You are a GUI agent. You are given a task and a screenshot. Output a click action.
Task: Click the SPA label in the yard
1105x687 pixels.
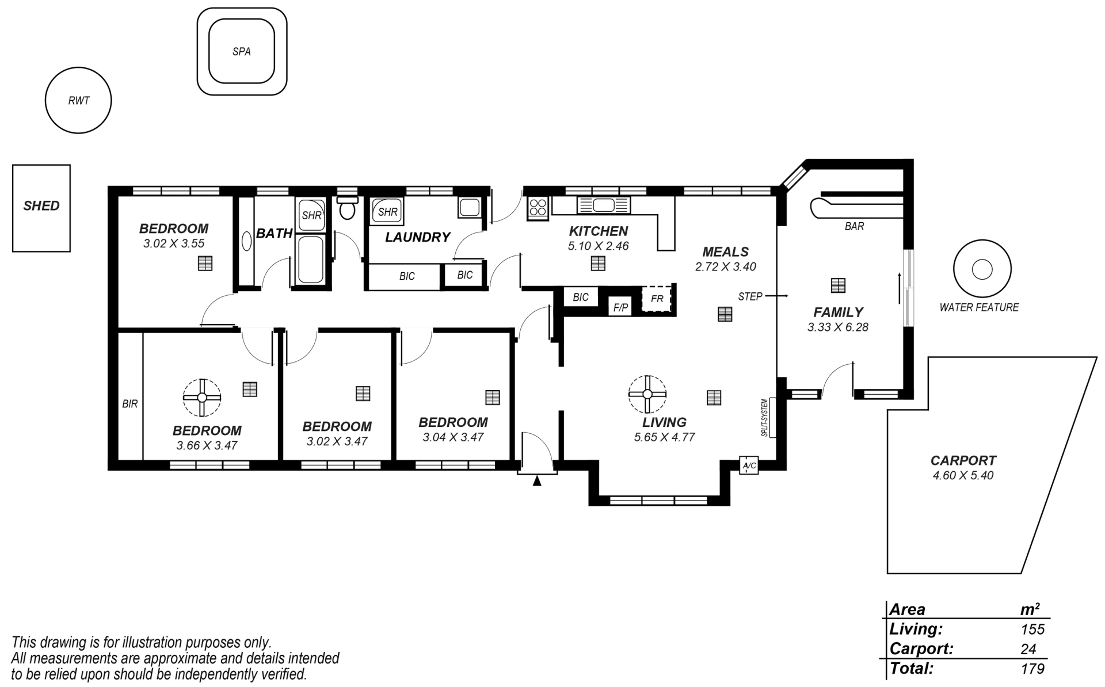(242, 52)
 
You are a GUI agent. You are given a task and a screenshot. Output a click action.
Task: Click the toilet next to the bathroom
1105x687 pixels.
(347, 208)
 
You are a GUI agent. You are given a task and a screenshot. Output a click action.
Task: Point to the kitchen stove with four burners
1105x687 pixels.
(538, 207)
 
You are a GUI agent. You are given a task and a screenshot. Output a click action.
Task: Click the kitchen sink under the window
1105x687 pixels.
(603, 205)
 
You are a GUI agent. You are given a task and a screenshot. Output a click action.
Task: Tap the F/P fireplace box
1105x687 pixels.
(620, 308)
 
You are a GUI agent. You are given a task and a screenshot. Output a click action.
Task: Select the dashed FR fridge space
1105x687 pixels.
(657, 299)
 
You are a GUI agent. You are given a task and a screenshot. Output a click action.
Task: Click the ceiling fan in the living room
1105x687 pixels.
(647, 394)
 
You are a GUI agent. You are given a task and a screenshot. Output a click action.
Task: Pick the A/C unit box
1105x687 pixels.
(749, 465)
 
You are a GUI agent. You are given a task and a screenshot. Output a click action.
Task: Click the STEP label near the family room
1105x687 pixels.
(750, 296)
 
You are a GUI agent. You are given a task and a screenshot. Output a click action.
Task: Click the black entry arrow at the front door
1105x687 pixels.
(537, 480)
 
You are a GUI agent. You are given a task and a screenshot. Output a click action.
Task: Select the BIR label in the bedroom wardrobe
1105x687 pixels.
(130, 404)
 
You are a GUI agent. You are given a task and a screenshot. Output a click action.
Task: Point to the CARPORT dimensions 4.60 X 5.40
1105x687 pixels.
(963, 475)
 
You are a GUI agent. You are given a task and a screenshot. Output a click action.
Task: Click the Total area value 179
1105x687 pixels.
(1033, 669)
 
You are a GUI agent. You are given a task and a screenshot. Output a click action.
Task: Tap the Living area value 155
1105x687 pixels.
(1033, 629)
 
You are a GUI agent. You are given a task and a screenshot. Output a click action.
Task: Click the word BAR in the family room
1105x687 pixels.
(854, 227)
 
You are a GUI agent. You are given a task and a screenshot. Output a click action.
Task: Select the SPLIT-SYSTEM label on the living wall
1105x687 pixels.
(765, 418)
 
